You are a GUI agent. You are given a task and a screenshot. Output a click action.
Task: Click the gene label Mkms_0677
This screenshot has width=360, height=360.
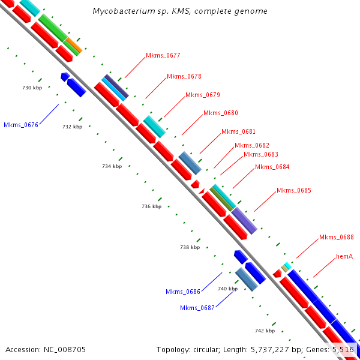[163, 55]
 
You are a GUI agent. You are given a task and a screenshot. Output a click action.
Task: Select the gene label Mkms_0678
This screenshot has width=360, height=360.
[184, 76]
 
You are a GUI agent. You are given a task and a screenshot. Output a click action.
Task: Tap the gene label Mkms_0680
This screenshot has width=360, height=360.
[221, 113]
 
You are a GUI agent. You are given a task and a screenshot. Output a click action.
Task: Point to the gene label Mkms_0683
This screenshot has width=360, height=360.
[261, 154]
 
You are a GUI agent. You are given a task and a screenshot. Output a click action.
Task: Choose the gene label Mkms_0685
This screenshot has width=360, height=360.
[294, 191]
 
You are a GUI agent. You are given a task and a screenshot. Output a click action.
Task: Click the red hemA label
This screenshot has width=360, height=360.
[344, 256]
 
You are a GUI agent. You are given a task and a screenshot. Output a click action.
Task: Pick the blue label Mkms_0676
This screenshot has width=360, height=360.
[21, 125]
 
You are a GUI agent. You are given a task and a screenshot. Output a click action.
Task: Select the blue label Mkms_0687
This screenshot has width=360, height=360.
[197, 308]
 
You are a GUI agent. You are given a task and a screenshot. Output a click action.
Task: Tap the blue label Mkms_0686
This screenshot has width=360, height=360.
[183, 292]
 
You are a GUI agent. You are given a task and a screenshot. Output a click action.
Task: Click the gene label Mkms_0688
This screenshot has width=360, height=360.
[337, 237]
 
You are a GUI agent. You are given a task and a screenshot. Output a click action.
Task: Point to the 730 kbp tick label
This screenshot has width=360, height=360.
[32, 88]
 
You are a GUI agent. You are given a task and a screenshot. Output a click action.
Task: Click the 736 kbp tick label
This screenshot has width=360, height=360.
[151, 206]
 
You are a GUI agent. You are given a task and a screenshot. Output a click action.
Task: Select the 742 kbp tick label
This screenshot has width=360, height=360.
[265, 331]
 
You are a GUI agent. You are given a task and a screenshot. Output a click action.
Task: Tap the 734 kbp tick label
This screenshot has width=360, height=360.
[112, 166]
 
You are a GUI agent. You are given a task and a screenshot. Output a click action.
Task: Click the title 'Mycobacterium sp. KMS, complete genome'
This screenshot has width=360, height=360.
[180, 11]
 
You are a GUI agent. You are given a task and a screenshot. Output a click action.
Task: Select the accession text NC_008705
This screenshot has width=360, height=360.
[64, 349]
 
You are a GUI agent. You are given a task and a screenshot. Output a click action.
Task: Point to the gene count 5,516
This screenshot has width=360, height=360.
[343, 349]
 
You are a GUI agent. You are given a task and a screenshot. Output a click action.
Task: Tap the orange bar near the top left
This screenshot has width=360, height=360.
[74, 44]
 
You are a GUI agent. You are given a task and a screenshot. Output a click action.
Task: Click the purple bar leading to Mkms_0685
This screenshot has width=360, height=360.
[244, 220]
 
